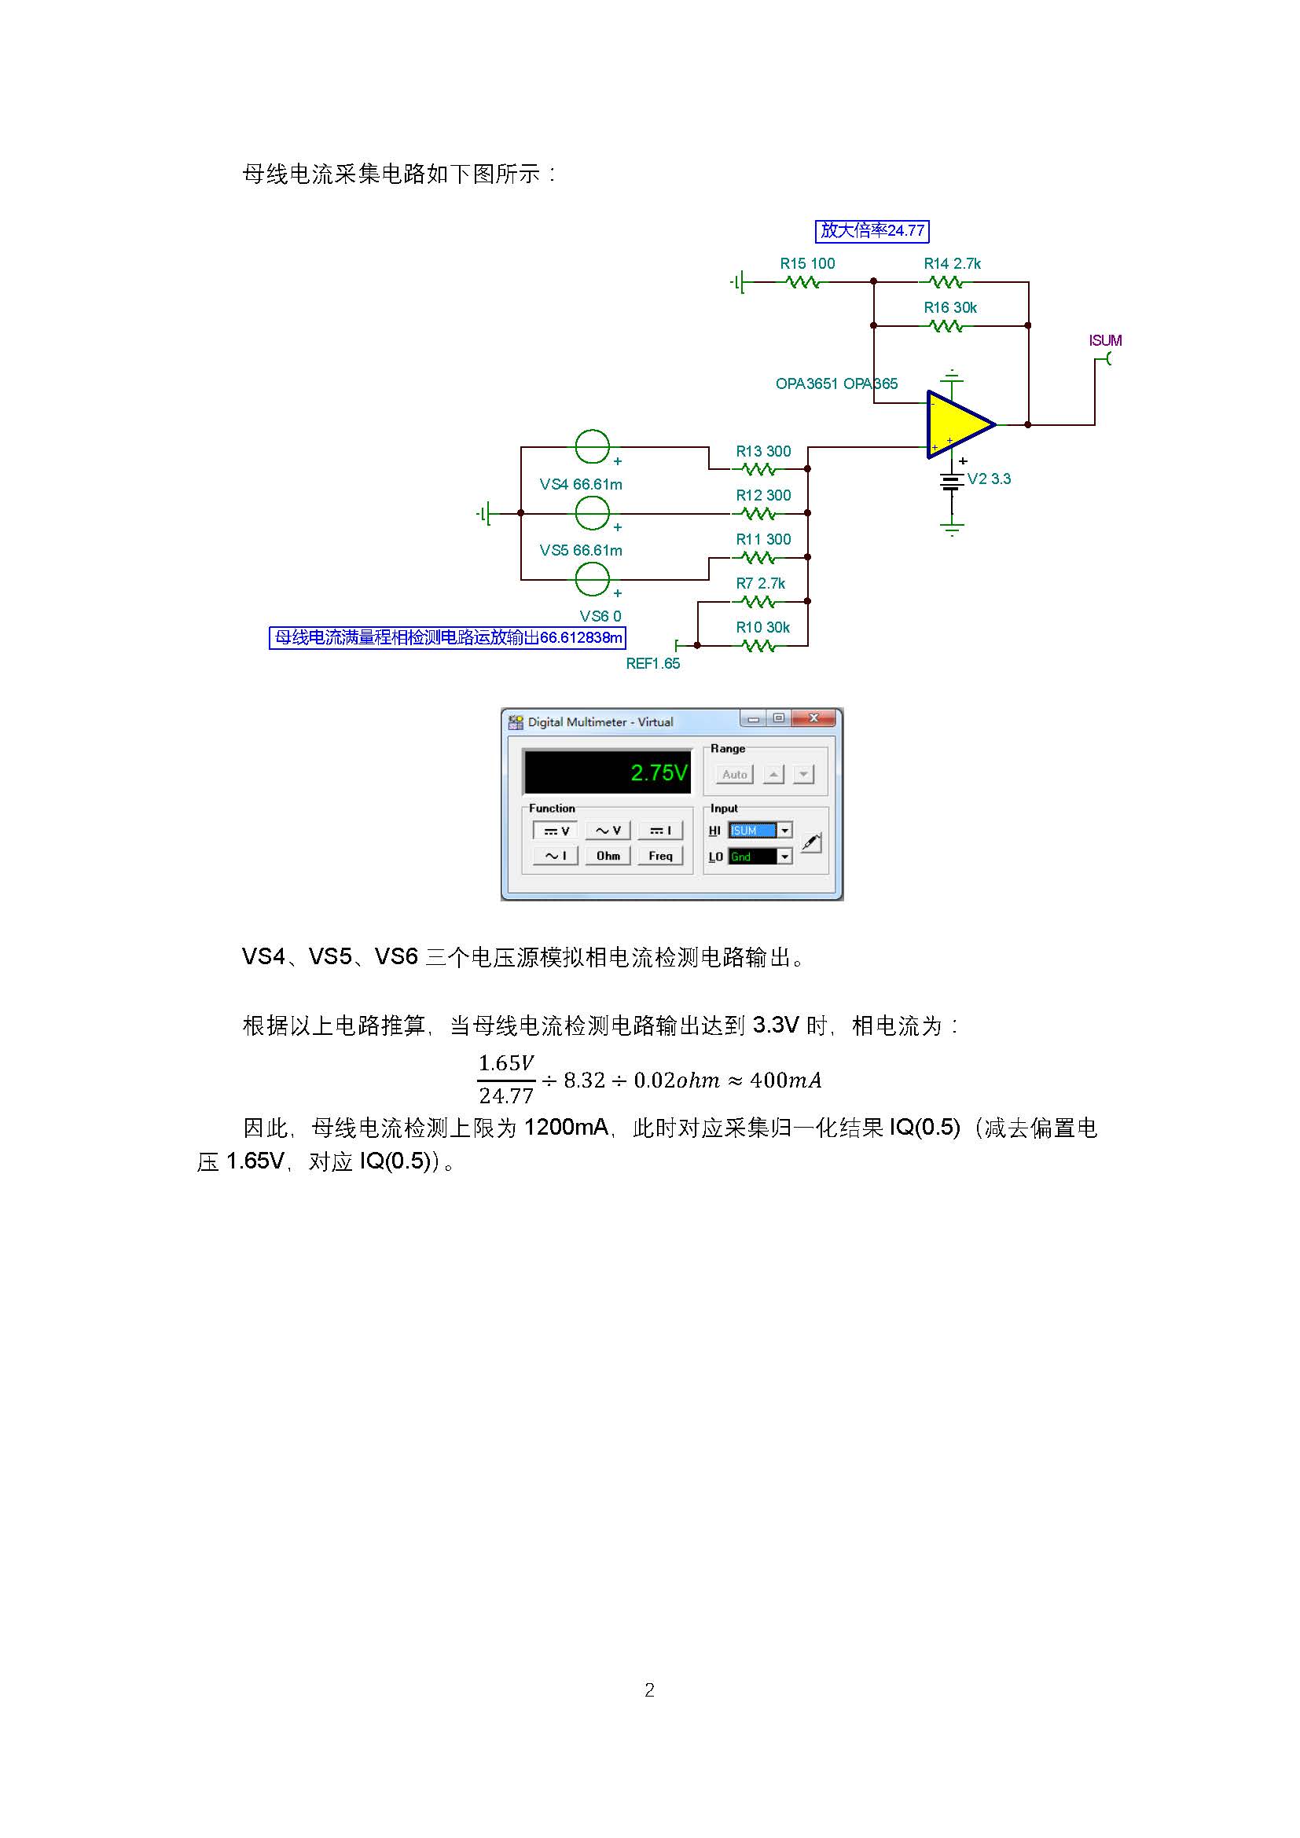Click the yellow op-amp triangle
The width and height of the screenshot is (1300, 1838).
point(957,425)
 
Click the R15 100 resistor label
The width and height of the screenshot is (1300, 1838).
point(807,263)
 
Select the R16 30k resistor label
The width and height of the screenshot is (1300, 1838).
point(950,307)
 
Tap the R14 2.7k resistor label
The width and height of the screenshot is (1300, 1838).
point(952,263)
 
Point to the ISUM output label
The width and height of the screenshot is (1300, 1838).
point(1104,340)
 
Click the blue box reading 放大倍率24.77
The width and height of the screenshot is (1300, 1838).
point(872,230)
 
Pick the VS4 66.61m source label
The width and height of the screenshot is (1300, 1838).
point(580,484)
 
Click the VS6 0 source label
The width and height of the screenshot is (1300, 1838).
point(600,615)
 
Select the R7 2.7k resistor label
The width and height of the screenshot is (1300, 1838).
point(761,583)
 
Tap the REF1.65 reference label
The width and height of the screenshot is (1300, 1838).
point(652,664)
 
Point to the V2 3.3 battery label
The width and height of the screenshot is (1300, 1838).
point(989,479)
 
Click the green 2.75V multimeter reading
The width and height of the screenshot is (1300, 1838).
point(658,772)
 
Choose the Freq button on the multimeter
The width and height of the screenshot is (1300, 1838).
point(660,856)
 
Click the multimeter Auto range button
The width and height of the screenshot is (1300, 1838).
point(734,774)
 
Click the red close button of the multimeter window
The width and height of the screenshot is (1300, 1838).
point(814,718)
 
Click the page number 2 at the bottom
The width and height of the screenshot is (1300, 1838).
point(649,1690)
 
